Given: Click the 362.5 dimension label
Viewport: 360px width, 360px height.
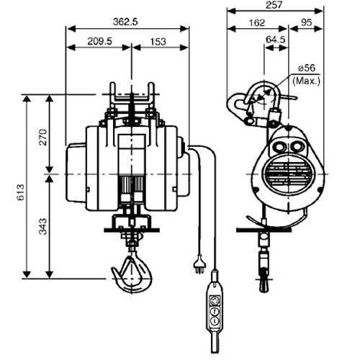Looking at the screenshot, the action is point(125,22).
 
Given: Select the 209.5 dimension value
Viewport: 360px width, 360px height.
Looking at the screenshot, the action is point(99,41).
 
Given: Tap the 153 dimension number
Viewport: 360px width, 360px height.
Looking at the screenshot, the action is point(158,42).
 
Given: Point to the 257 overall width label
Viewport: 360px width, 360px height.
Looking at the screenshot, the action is point(274,5).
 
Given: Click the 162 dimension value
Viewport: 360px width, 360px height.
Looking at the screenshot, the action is point(257,22).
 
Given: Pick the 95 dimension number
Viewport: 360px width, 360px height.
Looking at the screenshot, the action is point(306,22).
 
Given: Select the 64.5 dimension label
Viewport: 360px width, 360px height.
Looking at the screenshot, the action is point(276,40).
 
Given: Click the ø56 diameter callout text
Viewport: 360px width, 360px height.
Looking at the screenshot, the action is point(307,68).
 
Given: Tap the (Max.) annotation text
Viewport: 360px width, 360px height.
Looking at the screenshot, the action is point(307,81).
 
